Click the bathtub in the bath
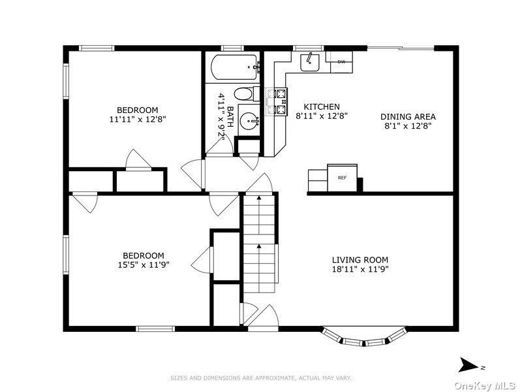pyautogui.click(x=235, y=67)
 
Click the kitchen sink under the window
pyautogui.click(x=309, y=62)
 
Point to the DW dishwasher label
pyautogui.click(x=341, y=61)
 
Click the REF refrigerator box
pyautogui.click(x=342, y=178)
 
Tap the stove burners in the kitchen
pyautogui.click(x=276, y=101)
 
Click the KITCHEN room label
pyautogui.click(x=322, y=106)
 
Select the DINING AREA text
pyautogui.click(x=408, y=117)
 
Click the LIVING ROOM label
pyautogui.click(x=360, y=259)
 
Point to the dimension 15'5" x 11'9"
pyautogui.click(x=144, y=265)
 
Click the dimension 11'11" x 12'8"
pyautogui.click(x=138, y=119)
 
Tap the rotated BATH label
pyautogui.click(x=230, y=116)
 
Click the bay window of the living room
pyautogui.click(x=365, y=337)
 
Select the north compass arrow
pyautogui.click(x=468, y=365)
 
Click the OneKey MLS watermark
pyautogui.click(x=485, y=385)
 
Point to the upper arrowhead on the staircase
pyautogui.click(x=258, y=199)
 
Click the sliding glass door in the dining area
pyautogui.click(x=401, y=48)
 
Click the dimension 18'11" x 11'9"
pyautogui.click(x=361, y=269)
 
